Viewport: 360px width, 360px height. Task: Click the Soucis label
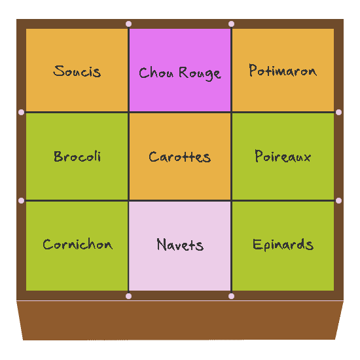coord(77,71)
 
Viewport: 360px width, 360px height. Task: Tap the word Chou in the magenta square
coord(156,73)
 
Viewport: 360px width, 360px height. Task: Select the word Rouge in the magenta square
coord(200,73)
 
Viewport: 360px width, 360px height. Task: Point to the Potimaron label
coord(283,70)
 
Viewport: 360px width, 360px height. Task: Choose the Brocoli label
coord(77,156)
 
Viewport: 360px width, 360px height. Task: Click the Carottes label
coord(180,157)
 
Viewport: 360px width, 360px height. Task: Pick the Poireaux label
coord(283,156)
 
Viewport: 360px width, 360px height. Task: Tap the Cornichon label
coord(78,244)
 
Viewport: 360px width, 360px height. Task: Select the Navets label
coord(180,245)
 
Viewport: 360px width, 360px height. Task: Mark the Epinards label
coord(283,245)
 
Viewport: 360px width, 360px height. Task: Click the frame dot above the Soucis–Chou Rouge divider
coord(128,24)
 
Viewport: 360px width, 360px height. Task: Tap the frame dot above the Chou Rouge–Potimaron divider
coord(232,24)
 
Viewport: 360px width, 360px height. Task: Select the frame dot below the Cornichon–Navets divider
coord(128,296)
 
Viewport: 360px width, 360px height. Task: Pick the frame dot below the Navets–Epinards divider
coord(232,296)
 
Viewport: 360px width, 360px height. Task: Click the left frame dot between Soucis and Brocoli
coord(21,113)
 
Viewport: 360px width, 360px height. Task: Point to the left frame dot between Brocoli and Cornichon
coord(21,201)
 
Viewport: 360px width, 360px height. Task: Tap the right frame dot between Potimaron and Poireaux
coord(338,113)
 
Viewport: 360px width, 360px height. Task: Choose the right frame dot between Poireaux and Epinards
coord(338,201)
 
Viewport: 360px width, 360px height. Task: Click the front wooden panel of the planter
coord(180,321)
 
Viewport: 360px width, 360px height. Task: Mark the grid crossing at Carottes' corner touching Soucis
coord(128,113)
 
